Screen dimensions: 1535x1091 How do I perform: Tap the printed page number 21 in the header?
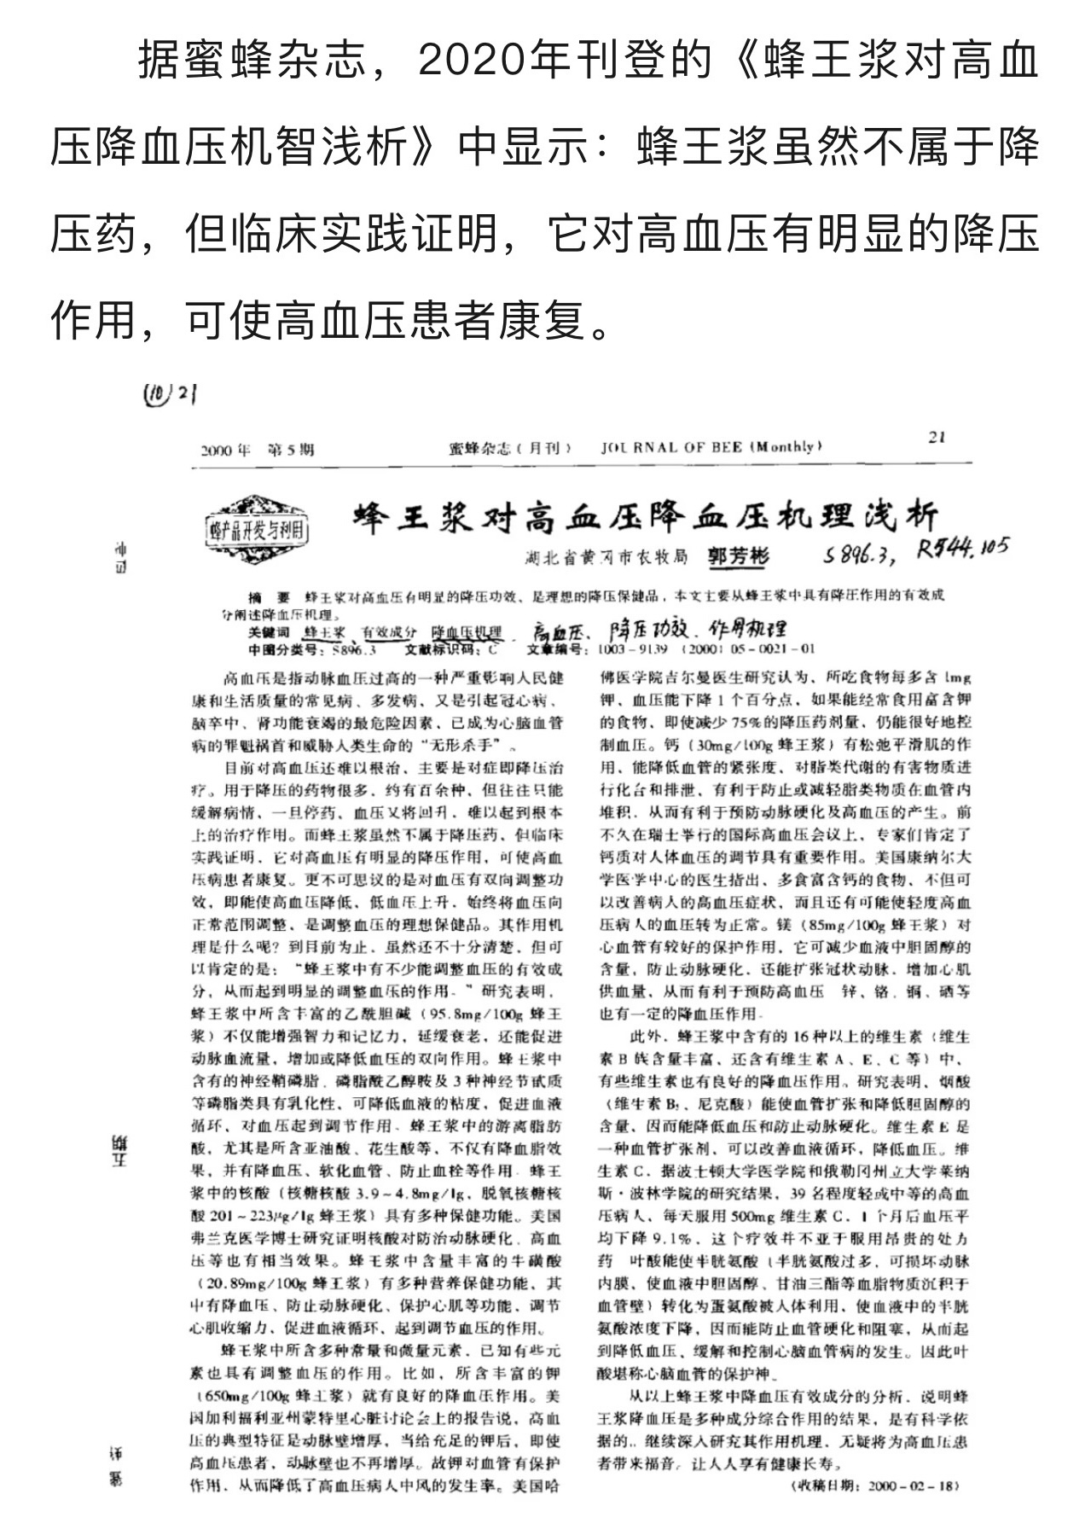(x=937, y=438)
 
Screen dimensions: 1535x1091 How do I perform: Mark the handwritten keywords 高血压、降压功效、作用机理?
(x=656, y=632)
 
